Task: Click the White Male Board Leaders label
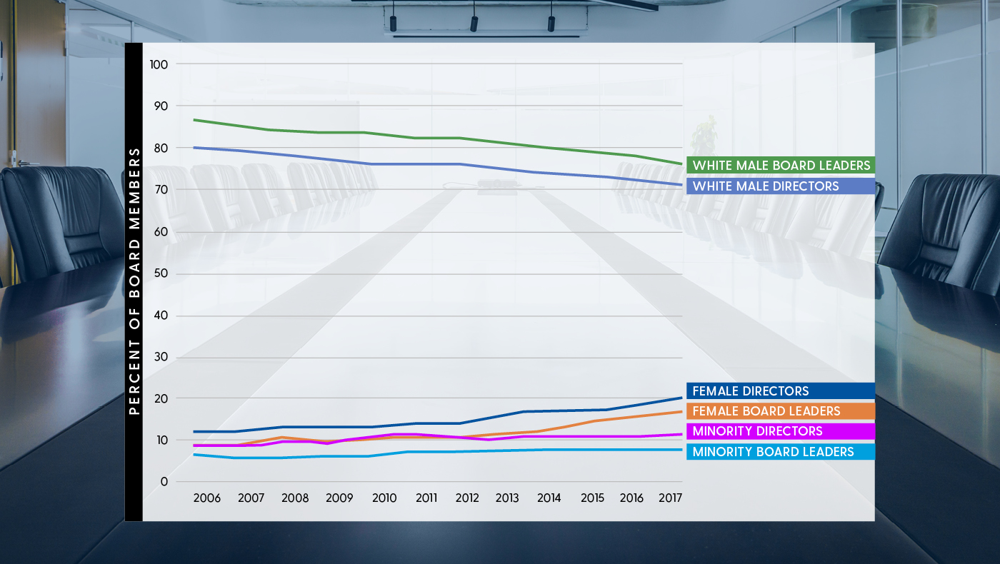pos(781,166)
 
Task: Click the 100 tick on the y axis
pos(159,64)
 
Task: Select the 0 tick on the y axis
pos(164,482)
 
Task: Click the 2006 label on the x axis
pos(207,498)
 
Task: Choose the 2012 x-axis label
pos(467,498)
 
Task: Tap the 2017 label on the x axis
pos(669,498)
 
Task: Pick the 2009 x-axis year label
pos(339,498)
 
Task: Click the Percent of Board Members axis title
pos(134,282)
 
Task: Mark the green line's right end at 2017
pos(682,163)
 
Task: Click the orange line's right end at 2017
pos(682,412)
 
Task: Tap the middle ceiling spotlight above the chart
pos(474,23)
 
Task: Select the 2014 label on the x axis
pos(549,498)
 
